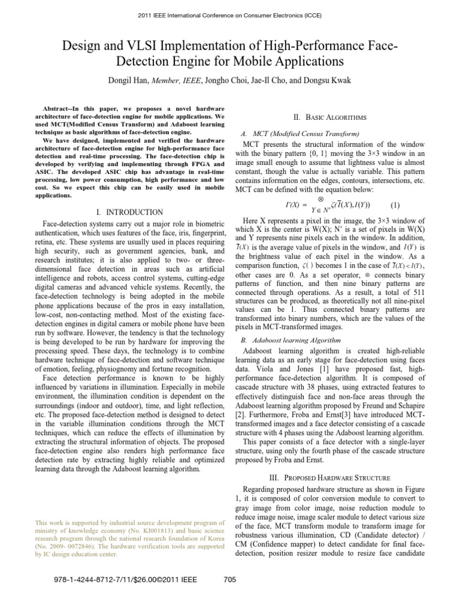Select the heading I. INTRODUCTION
(129, 212)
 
